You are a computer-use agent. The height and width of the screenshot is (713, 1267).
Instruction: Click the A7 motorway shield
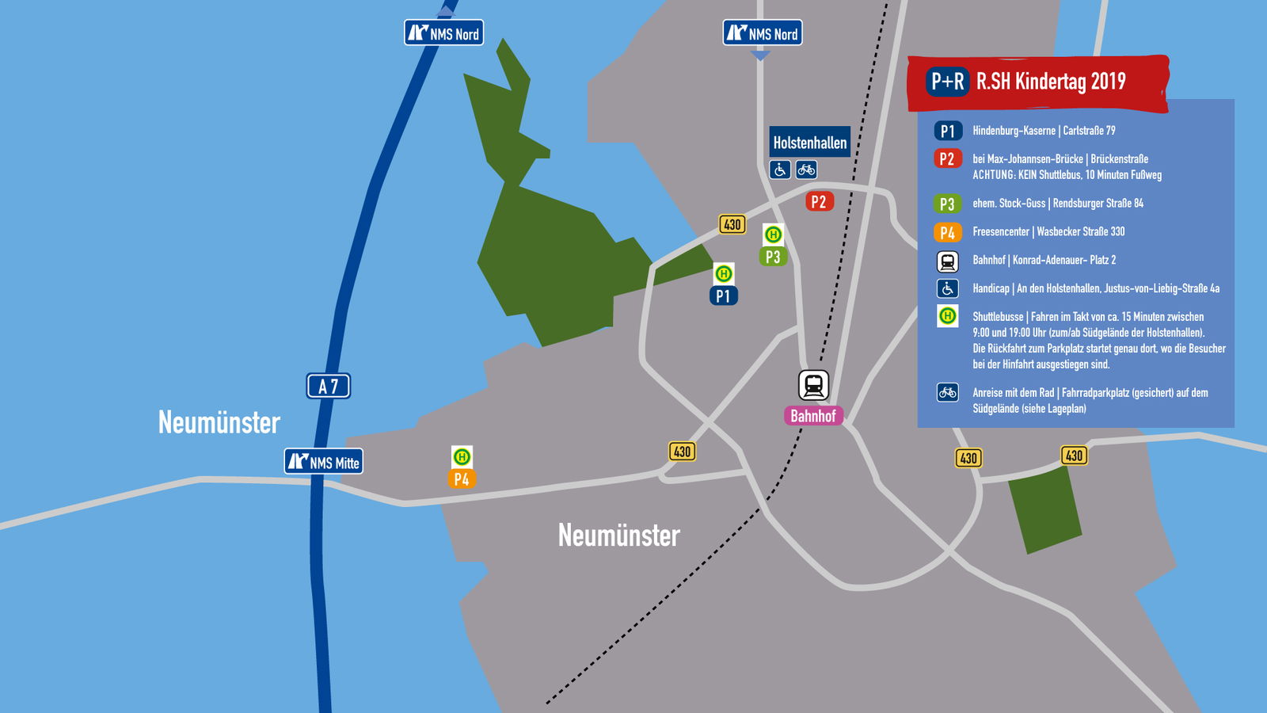click(329, 386)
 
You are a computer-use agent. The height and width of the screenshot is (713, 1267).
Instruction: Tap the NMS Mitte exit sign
click(324, 462)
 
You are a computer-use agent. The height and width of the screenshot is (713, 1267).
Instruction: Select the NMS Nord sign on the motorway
click(443, 33)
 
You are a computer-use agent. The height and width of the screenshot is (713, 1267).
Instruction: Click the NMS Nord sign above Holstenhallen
click(762, 33)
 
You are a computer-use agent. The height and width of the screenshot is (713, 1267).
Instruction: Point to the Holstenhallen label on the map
click(809, 143)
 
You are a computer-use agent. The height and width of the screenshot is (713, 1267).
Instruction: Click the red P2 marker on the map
click(819, 201)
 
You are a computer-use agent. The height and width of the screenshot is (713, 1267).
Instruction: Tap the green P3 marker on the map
click(773, 257)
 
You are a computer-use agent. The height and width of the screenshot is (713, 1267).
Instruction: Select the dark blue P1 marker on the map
click(723, 295)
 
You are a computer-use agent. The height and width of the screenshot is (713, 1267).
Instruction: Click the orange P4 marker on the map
click(462, 479)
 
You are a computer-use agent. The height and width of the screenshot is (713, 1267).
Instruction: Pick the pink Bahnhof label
click(813, 415)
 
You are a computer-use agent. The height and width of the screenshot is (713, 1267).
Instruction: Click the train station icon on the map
click(813, 385)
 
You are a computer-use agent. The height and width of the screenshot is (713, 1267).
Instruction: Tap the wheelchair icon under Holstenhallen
click(780, 170)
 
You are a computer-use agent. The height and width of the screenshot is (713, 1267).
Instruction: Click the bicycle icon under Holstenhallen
click(806, 170)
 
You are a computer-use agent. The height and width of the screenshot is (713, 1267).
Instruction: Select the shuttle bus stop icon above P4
click(462, 456)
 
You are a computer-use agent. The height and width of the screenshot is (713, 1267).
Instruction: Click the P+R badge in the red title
click(947, 82)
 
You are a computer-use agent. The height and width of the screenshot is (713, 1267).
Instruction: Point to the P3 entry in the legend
click(947, 204)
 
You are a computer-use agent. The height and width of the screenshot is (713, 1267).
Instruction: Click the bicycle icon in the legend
click(947, 392)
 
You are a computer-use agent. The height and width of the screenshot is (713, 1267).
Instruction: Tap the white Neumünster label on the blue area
click(219, 422)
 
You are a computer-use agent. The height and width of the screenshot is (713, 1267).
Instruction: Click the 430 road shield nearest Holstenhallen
click(732, 224)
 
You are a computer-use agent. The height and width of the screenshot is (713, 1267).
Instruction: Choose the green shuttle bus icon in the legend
click(947, 316)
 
